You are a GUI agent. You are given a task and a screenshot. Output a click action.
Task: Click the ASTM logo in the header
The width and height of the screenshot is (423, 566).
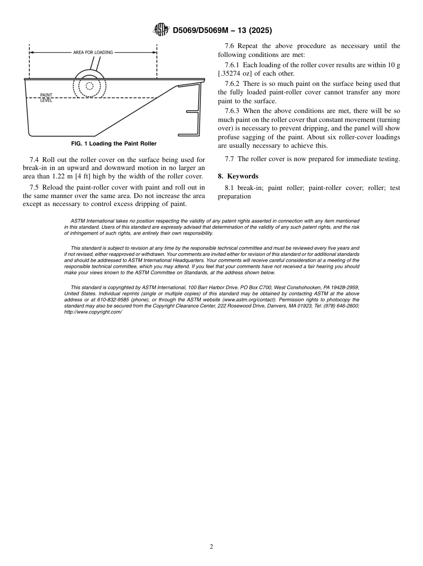click(x=161, y=30)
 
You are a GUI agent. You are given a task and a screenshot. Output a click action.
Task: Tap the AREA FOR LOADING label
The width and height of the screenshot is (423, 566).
click(x=93, y=53)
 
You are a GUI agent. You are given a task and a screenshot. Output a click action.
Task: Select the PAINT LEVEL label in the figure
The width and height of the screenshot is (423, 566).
click(x=46, y=98)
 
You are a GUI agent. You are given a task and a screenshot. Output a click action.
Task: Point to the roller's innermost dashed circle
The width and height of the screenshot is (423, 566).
click(x=89, y=86)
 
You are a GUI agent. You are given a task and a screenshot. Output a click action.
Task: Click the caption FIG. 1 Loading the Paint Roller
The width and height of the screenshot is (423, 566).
click(x=114, y=144)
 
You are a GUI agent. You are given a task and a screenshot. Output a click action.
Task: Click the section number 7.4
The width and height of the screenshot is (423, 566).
click(x=34, y=160)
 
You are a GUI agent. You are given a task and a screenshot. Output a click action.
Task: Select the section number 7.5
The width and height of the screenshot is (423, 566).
click(x=34, y=187)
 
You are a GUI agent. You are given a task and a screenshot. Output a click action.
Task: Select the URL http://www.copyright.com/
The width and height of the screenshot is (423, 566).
click(x=93, y=312)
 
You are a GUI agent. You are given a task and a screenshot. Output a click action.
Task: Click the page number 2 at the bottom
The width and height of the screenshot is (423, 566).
click(x=211, y=547)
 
